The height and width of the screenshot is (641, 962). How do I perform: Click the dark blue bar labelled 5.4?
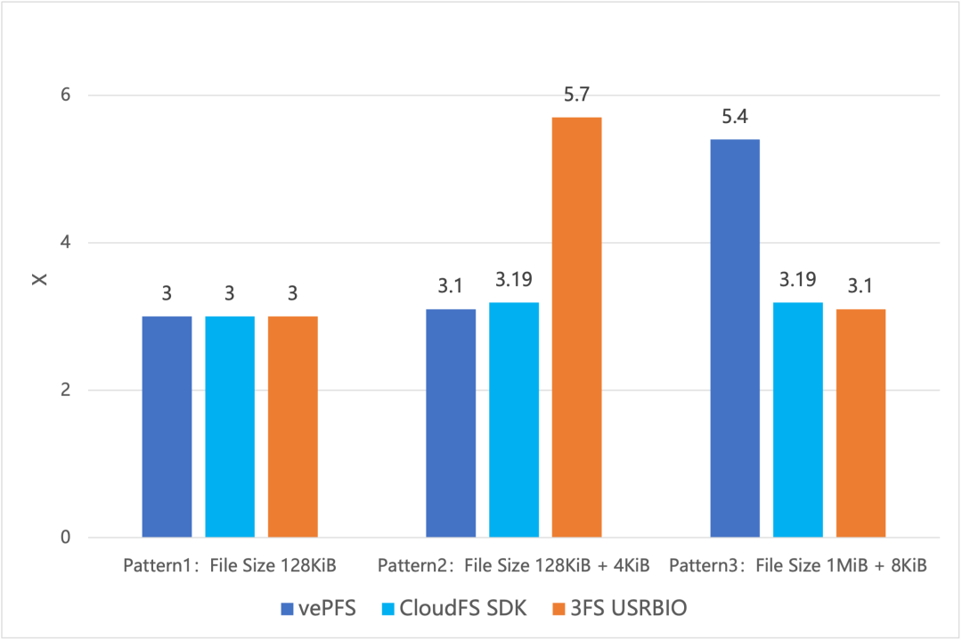point(734,338)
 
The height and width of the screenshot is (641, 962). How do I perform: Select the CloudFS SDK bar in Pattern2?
point(513,420)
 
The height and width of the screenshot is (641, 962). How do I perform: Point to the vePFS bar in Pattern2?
point(451,423)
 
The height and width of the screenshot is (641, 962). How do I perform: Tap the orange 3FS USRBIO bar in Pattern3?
point(860,423)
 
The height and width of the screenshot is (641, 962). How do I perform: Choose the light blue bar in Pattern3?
point(797,420)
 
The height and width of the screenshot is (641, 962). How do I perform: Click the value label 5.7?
point(576,95)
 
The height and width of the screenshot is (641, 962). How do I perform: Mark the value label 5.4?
point(734,117)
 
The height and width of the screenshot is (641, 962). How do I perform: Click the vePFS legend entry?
point(318,608)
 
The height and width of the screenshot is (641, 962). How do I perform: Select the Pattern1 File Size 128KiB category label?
point(229,565)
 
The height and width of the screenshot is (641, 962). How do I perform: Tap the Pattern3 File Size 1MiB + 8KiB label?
point(798,565)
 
